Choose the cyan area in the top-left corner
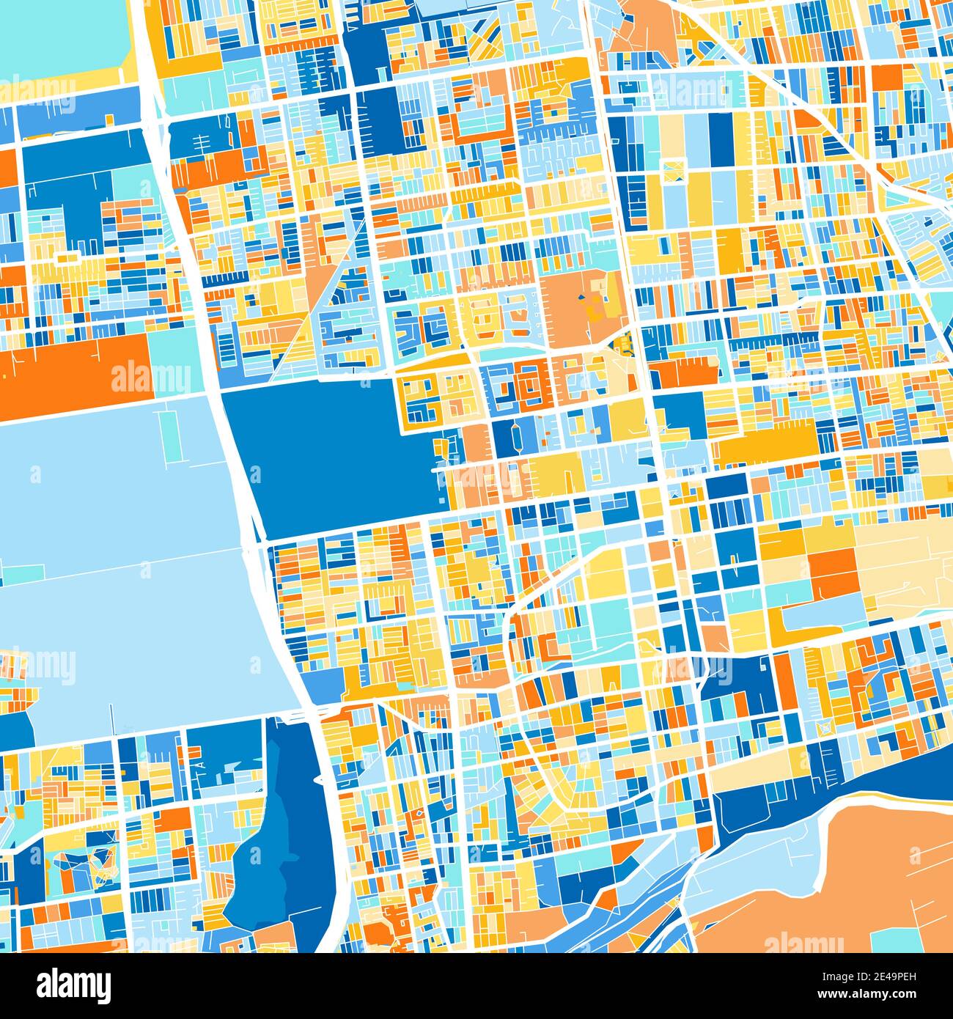(59, 37)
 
